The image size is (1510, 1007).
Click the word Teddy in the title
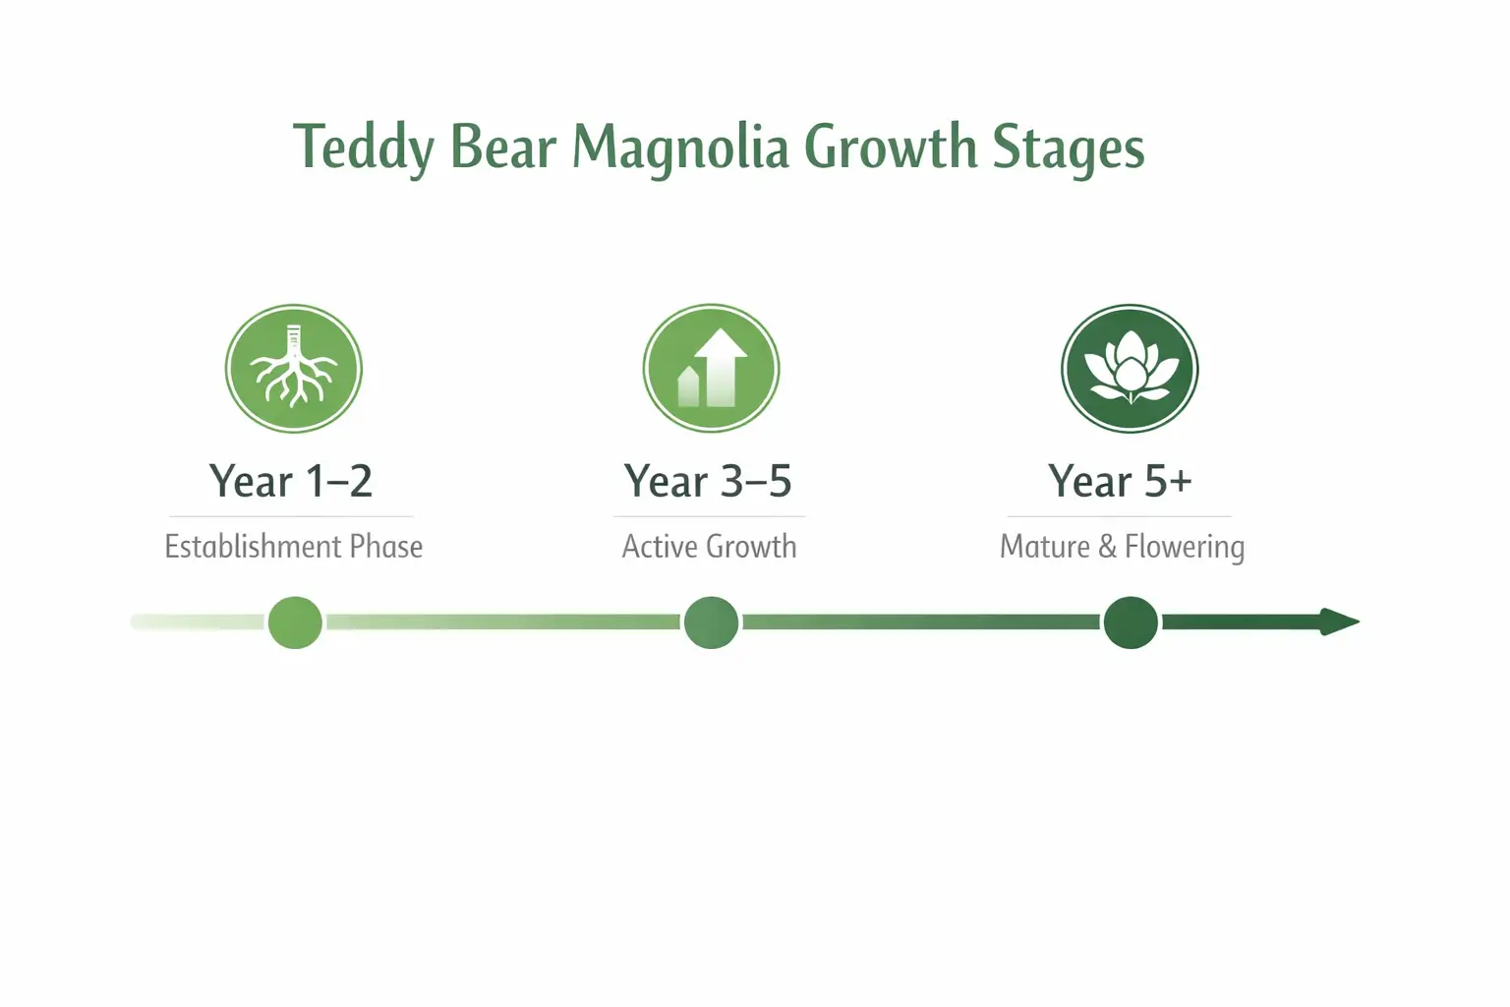tap(363, 148)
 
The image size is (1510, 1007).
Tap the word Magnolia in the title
tap(680, 148)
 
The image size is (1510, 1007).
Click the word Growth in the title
tap(890, 148)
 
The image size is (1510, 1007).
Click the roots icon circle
tap(294, 369)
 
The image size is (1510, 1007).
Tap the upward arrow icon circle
tap(711, 369)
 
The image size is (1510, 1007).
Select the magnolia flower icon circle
tap(1130, 369)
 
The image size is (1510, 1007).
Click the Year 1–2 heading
tap(291, 482)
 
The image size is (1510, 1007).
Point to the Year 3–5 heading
tap(708, 482)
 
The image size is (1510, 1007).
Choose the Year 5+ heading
tap(1120, 482)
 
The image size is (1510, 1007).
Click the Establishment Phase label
tap(293, 547)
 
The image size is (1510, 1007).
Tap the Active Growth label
tap(709, 547)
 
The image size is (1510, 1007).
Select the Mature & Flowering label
tap(1122, 547)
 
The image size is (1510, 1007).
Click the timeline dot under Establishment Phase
tap(295, 622)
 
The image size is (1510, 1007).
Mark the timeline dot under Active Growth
tap(711, 622)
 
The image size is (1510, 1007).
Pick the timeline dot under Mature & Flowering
tap(1131, 622)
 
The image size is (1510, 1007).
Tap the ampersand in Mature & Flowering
tap(1107, 547)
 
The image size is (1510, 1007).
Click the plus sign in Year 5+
tap(1181, 482)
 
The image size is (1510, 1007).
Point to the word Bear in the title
tap(502, 148)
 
